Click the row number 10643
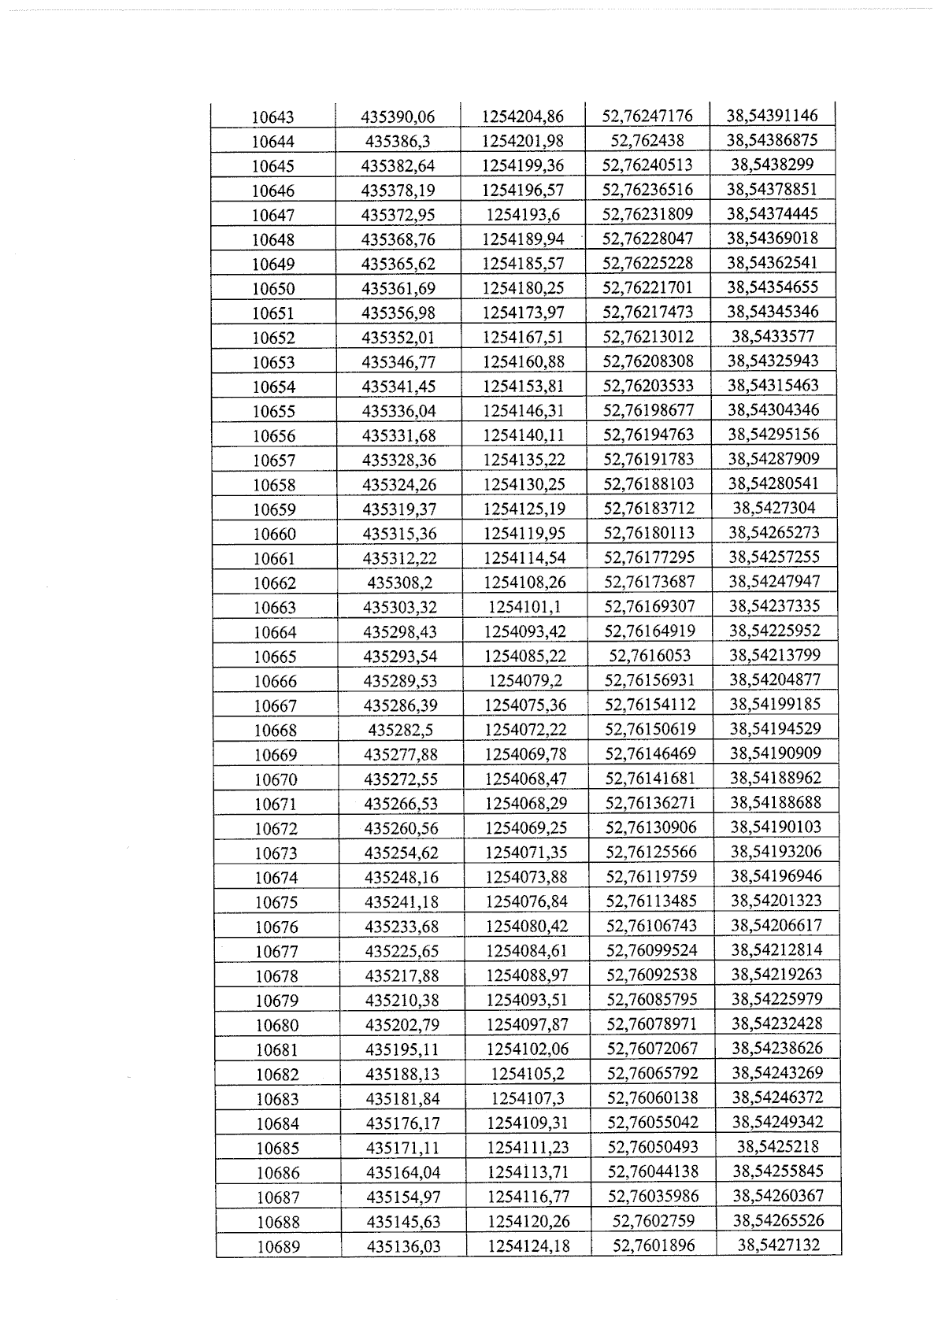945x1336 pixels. [272, 117]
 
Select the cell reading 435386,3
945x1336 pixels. [398, 142]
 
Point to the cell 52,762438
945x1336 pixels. [647, 140]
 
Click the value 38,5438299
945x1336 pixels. [772, 165]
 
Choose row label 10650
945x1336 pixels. [273, 289]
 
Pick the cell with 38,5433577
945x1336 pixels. [773, 336]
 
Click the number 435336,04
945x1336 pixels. [398, 411]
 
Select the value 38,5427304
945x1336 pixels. [773, 508]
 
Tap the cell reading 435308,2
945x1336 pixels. [399, 583]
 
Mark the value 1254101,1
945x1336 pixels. [524, 607]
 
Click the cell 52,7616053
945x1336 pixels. [650, 655]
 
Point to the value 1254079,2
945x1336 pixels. [525, 680]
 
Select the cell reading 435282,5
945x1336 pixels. [400, 729]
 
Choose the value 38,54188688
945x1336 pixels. [776, 802]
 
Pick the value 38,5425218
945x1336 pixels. [777, 1146]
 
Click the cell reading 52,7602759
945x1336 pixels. [653, 1220]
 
